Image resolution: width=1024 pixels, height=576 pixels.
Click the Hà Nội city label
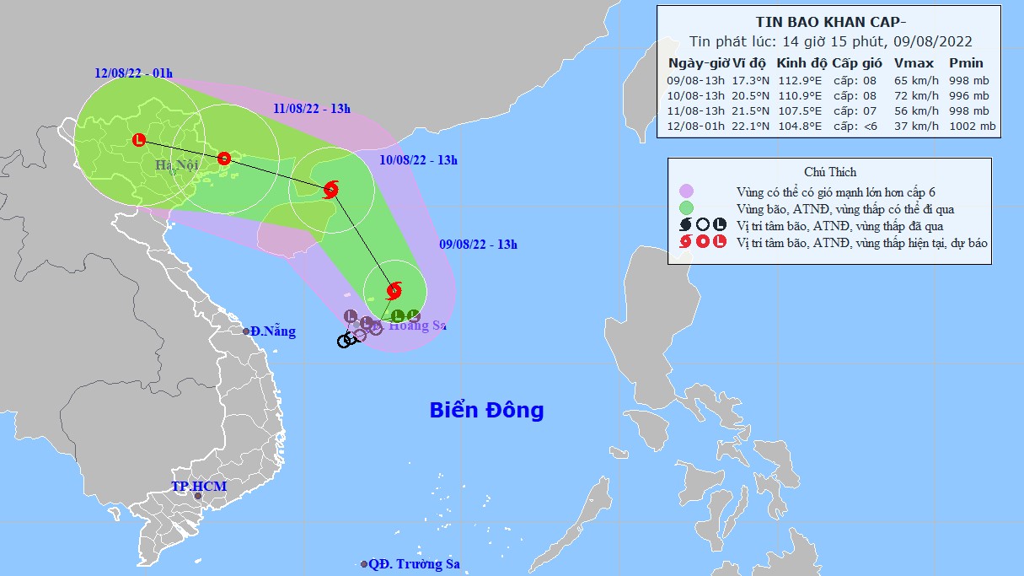175,166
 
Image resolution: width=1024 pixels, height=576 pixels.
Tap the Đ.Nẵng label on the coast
272,331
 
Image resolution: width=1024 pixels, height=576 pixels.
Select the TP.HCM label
198,487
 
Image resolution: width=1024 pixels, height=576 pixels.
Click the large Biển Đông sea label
486,411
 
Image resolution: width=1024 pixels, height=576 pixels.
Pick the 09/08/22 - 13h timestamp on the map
478,245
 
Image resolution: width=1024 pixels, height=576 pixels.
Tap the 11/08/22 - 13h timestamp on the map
312,108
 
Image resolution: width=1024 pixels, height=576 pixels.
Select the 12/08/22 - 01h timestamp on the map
133,73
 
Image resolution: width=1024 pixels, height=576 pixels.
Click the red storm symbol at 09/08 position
394,292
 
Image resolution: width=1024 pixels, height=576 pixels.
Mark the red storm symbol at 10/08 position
330,189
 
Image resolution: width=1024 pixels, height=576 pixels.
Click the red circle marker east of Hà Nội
224,158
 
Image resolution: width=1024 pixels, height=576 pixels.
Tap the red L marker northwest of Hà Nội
139,140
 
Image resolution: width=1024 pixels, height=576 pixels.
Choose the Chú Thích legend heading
830,172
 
